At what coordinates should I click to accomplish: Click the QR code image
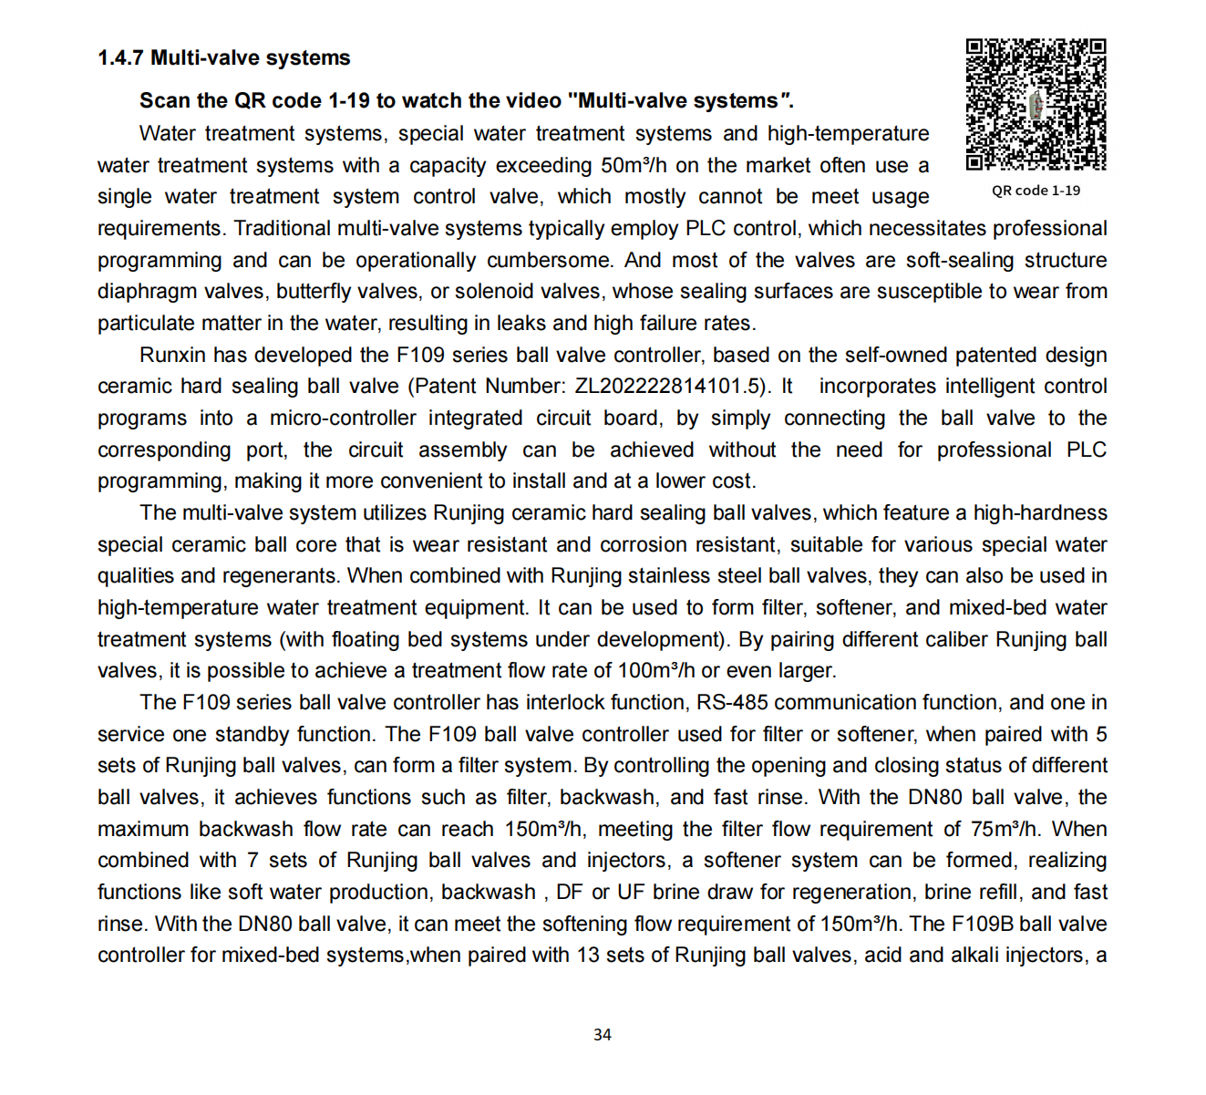coord(1036,104)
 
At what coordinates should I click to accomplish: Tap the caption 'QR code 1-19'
coord(1036,191)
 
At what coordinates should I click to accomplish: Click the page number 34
coord(602,1035)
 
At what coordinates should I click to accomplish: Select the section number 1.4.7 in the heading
coord(120,58)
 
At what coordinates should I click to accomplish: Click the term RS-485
coord(732,703)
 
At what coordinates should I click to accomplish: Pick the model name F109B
coord(982,925)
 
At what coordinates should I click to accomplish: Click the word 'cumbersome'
coord(549,261)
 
